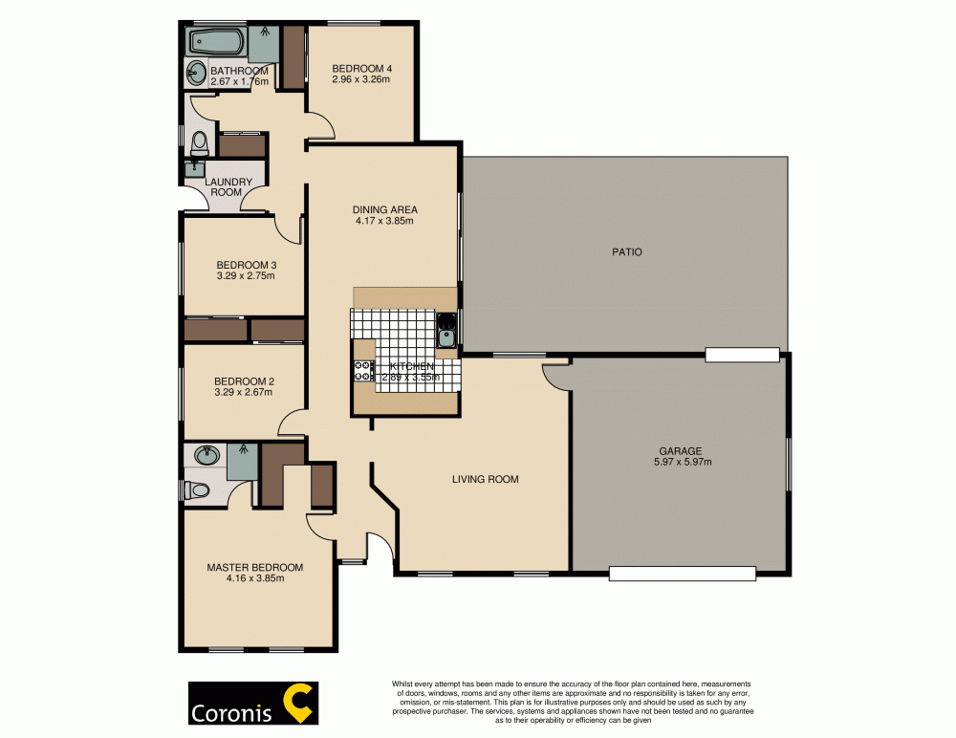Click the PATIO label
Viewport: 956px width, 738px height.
click(x=626, y=252)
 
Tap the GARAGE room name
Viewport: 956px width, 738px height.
click(x=680, y=451)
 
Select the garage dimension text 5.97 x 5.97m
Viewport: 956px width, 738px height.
click(x=680, y=463)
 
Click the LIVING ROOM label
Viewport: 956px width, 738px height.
click(x=485, y=479)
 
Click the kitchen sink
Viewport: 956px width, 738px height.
click(x=445, y=335)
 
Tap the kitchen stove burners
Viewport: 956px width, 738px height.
click(x=364, y=371)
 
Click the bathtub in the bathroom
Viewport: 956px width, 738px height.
click(x=216, y=41)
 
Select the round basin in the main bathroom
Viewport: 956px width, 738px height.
click(x=195, y=71)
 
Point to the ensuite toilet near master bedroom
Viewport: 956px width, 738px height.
click(x=199, y=490)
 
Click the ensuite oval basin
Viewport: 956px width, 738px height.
click(x=206, y=455)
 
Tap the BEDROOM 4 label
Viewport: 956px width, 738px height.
click(x=362, y=69)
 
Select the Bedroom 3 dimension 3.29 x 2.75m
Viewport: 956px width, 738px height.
click(x=246, y=276)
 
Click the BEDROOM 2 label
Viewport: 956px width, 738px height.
click(x=244, y=380)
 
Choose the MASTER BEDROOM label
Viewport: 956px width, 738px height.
click(x=255, y=567)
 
